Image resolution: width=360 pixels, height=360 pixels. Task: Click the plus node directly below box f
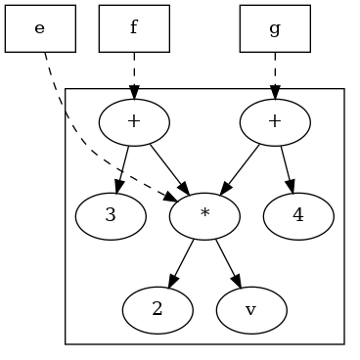point(134,121)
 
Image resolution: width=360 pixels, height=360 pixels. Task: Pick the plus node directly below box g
point(275,121)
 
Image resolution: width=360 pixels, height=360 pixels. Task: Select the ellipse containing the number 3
point(111,215)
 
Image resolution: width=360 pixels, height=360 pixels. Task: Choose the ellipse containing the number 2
point(157,309)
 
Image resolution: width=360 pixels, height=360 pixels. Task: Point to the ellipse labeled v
point(251,309)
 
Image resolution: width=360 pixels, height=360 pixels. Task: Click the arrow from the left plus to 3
point(122,166)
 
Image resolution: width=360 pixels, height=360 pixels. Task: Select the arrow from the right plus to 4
point(286,166)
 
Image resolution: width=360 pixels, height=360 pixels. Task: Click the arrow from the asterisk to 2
point(182,261)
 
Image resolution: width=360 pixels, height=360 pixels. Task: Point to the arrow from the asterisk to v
point(227,261)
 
